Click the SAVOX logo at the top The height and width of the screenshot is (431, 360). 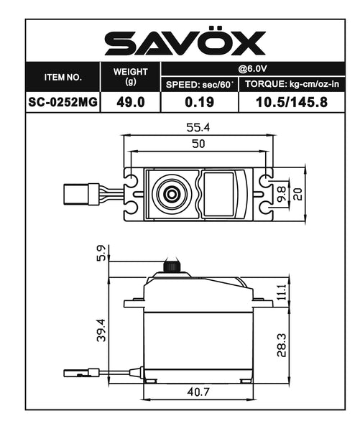pyautogui.click(x=185, y=43)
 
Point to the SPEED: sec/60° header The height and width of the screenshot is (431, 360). pyautogui.click(x=199, y=85)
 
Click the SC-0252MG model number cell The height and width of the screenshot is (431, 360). pyautogui.click(x=63, y=102)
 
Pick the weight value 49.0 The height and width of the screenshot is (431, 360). pyautogui.click(x=131, y=102)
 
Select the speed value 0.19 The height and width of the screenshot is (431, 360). pyautogui.click(x=199, y=102)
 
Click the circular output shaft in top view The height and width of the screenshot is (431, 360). pyautogui.click(x=171, y=193)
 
